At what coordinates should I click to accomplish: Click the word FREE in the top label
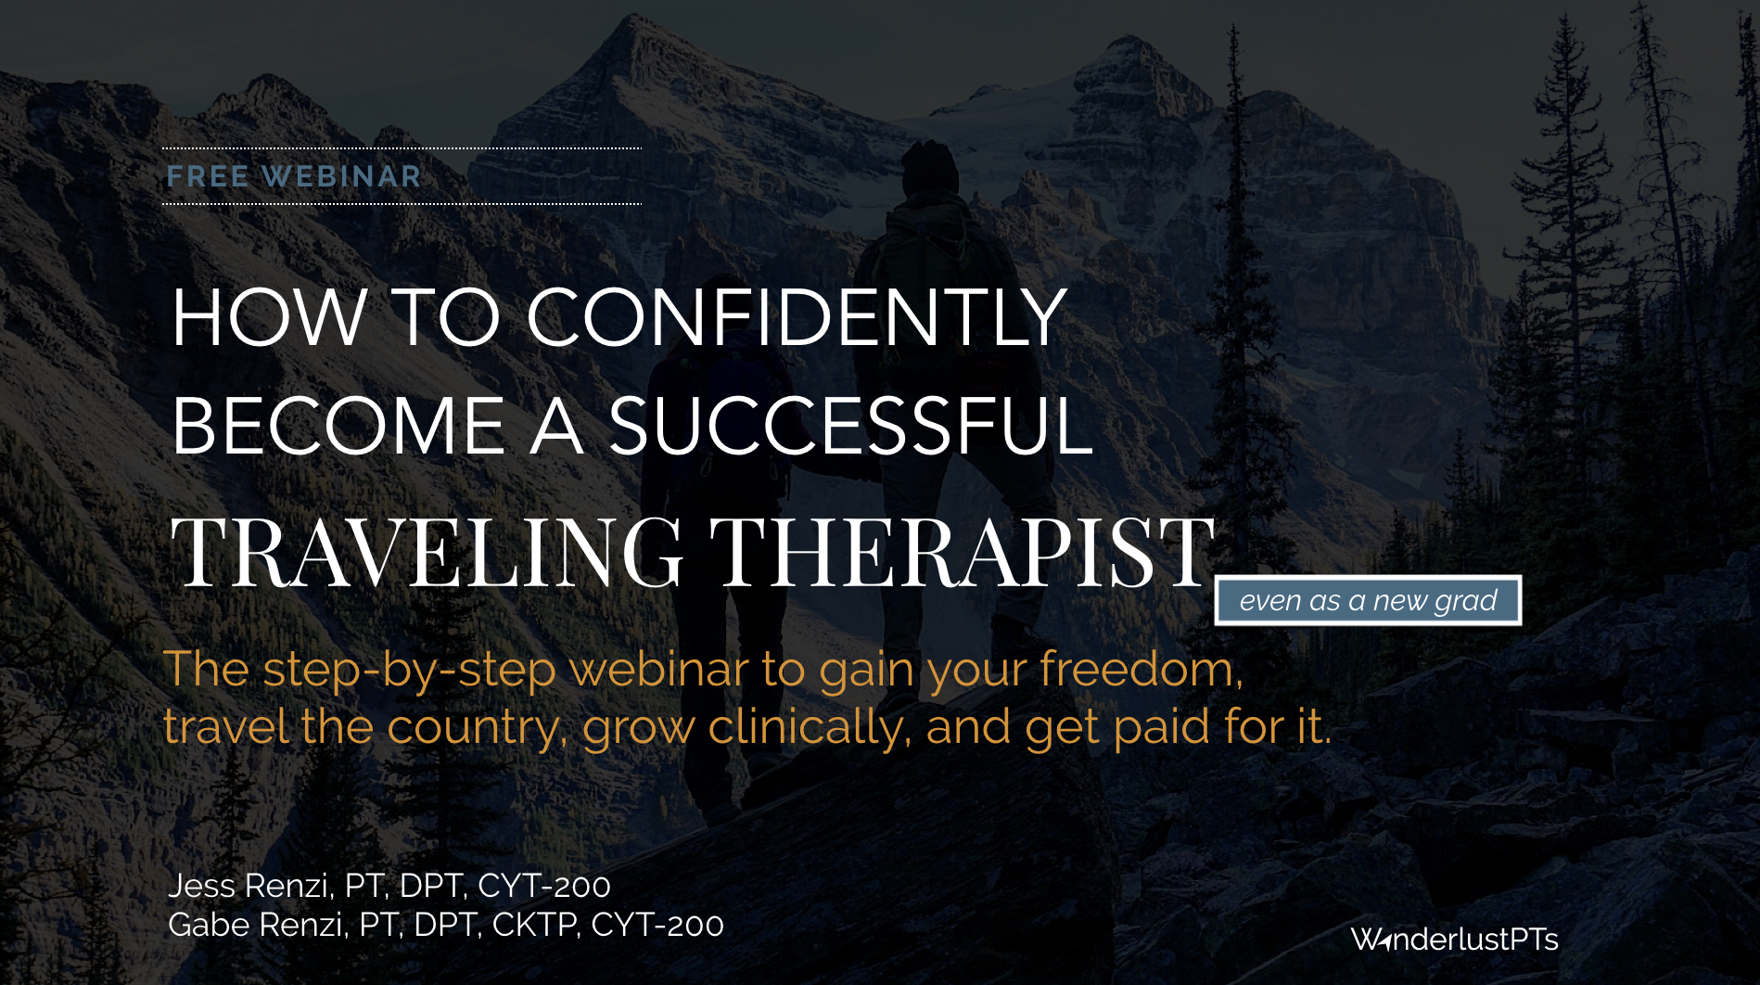click(208, 176)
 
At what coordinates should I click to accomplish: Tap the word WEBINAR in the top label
click(342, 176)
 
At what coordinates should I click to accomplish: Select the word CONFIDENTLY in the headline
click(797, 317)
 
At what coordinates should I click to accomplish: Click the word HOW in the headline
click(270, 317)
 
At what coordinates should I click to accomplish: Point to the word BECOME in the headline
click(338, 426)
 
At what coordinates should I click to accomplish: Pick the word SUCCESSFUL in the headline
click(850, 426)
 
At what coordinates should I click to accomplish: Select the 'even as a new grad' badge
click(1368, 600)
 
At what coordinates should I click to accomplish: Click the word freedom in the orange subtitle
click(1141, 669)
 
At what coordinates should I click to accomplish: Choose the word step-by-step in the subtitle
click(409, 670)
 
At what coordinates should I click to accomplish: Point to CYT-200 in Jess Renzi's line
click(544, 886)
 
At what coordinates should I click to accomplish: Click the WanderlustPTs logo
click(1454, 940)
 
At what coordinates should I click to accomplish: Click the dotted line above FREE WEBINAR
click(402, 148)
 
